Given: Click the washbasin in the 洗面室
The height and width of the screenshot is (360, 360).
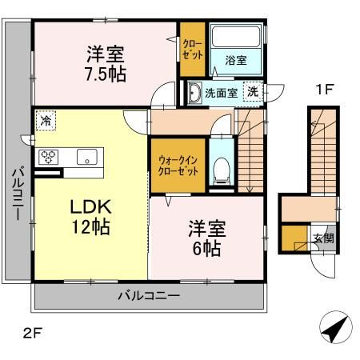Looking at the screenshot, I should coord(194,93).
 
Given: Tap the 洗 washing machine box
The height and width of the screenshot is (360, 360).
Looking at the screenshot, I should coord(252,91).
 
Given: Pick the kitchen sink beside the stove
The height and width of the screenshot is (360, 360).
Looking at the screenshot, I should coord(86,156).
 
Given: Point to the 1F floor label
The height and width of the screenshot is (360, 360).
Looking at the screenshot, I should coord(323,90).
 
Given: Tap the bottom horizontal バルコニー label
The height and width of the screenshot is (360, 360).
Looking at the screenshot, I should coord(148,296).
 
